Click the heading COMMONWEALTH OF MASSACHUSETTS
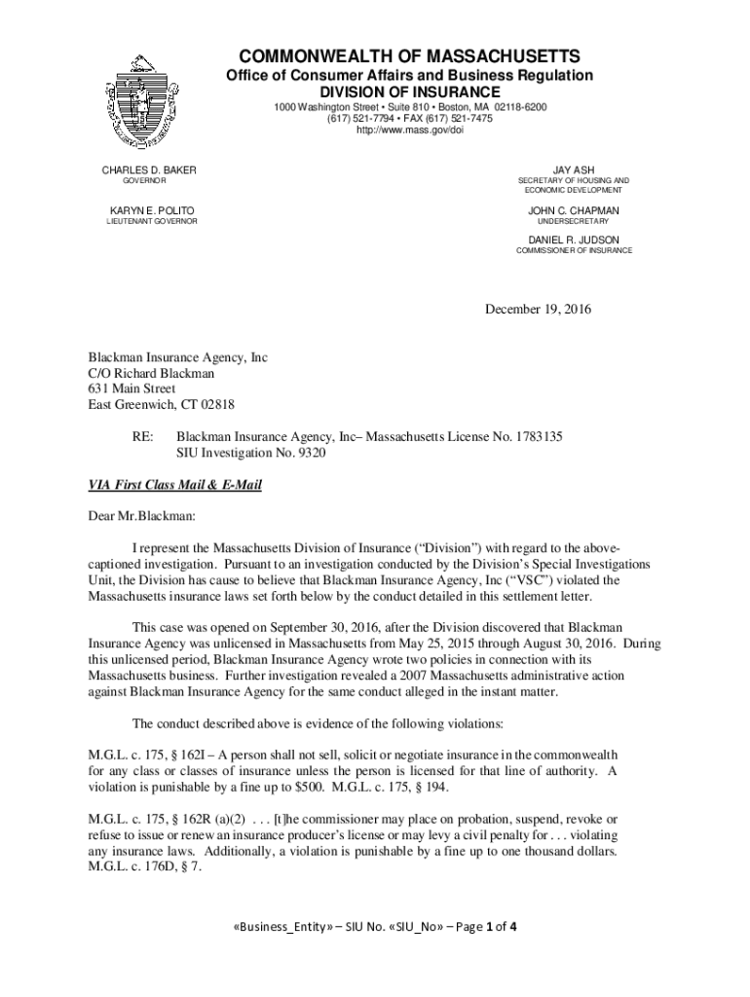click(409, 55)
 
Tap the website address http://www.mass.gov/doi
click(409, 130)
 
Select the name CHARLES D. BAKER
click(149, 170)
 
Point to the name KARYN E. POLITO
click(151, 210)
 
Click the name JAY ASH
click(574, 170)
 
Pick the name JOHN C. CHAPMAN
click(574, 210)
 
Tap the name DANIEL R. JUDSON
click(574, 240)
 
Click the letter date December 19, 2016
click(539, 310)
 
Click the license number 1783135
click(539, 437)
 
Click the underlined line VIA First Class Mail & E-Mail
click(175, 485)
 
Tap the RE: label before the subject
click(142, 437)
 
